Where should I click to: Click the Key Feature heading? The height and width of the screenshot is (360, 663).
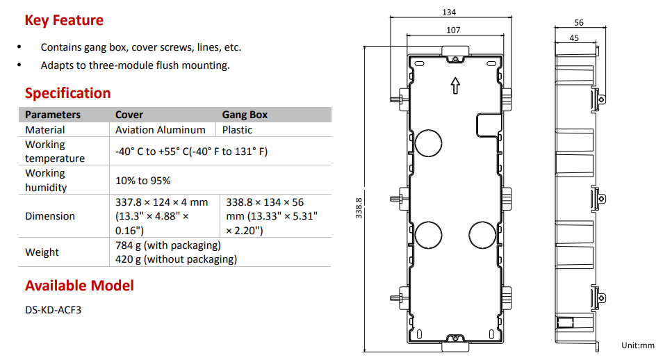coord(64,20)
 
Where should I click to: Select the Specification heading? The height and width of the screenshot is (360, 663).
coord(67,93)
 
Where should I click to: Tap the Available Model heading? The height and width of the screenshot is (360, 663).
coord(79,286)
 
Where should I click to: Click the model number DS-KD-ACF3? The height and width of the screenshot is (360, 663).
coord(54,310)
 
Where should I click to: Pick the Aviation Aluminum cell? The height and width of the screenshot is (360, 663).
coord(161,130)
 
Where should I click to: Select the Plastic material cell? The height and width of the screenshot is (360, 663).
coord(237,130)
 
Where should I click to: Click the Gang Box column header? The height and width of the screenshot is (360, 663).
coord(245,115)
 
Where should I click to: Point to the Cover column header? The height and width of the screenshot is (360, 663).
coord(129,115)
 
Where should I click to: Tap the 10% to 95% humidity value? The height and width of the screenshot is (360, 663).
coord(143,181)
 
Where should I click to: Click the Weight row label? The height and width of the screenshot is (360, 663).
coord(42,252)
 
